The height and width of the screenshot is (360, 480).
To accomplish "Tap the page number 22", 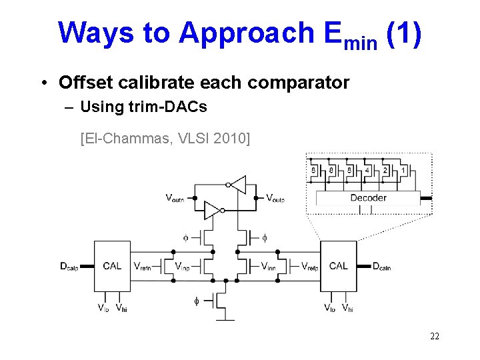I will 434,336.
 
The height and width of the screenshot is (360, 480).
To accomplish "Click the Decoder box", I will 368,197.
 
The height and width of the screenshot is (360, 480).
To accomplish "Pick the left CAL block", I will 112,266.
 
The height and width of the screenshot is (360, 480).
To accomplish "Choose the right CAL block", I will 338,266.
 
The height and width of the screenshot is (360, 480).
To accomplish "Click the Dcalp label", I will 69,267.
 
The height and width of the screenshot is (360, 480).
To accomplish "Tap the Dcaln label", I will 382,267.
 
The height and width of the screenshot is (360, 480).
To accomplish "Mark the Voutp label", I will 275,197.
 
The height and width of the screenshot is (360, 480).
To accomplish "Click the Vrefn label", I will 146,267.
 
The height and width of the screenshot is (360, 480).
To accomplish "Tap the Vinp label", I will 182,267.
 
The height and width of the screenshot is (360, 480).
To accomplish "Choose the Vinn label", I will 269,267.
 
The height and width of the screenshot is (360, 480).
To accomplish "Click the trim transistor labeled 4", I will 367,170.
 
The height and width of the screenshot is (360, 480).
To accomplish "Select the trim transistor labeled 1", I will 403,170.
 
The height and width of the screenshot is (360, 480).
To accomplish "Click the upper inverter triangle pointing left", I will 237,185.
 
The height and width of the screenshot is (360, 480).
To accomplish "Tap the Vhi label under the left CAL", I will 121,307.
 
